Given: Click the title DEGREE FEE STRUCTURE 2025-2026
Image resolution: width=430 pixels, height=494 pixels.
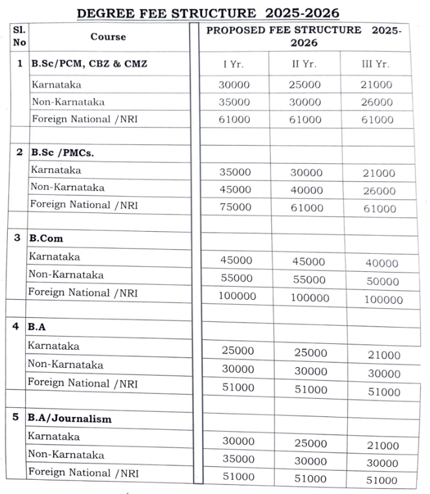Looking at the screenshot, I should pyautogui.click(x=208, y=13).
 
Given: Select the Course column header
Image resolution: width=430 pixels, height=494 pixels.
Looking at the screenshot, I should pyautogui.click(x=108, y=36).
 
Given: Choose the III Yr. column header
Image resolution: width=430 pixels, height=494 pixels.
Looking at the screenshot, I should pyautogui.click(x=376, y=64).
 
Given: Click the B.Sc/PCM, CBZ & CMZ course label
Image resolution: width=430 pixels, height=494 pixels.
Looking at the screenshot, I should pyautogui.click(x=89, y=63).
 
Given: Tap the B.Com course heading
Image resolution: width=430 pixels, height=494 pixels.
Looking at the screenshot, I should pyautogui.click(x=46, y=238).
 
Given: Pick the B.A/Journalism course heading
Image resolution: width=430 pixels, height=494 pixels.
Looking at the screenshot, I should pyautogui.click(x=69, y=418).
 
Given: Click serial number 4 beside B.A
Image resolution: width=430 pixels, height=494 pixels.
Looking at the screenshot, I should pyautogui.click(x=16, y=326).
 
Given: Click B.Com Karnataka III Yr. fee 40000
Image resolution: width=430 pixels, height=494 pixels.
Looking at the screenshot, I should pyautogui.click(x=381, y=264).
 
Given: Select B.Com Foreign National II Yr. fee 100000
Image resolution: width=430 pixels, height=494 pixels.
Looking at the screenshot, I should pyautogui.click(x=309, y=298).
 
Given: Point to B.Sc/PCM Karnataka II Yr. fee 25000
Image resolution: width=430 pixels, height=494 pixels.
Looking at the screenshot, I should pyautogui.click(x=306, y=85).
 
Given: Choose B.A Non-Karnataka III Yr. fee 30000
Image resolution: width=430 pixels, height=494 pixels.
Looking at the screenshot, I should pyautogui.click(x=384, y=374).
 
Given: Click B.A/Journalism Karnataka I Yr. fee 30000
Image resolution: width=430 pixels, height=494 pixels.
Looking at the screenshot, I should pyautogui.click(x=238, y=441).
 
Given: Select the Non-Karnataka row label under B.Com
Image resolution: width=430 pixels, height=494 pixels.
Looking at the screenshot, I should pyautogui.click(x=66, y=275).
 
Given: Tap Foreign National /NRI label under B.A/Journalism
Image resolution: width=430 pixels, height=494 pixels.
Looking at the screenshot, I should pyautogui.click(x=82, y=472).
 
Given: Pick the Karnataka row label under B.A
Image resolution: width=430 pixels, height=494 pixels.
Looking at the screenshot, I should pyautogui.click(x=53, y=346).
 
